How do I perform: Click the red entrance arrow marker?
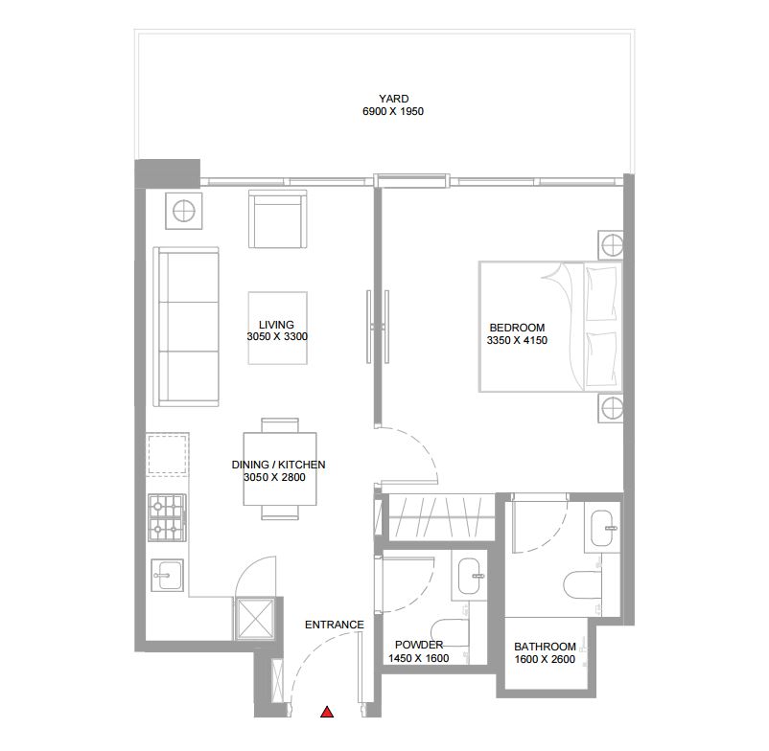pos(327,712)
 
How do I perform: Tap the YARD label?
pos(393,99)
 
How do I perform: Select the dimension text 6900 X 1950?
pos(393,111)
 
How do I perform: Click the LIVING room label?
pos(276,325)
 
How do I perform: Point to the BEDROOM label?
pos(517,328)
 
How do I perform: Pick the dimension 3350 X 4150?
pos(517,340)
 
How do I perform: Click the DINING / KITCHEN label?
pos(279,465)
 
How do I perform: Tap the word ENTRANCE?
pos(335,625)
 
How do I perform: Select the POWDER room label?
pos(419,645)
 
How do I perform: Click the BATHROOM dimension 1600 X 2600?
pos(545,659)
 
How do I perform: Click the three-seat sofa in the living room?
pos(186,327)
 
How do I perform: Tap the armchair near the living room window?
pos(277,219)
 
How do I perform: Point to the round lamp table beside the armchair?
pos(184,211)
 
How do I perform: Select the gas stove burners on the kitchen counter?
pos(167,518)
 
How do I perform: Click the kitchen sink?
pos(168,575)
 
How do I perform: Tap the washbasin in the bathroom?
pos(603,528)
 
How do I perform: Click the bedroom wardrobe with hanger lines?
pos(438,517)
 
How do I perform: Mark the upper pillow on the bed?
pos(601,293)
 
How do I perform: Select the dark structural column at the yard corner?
pos(167,173)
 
